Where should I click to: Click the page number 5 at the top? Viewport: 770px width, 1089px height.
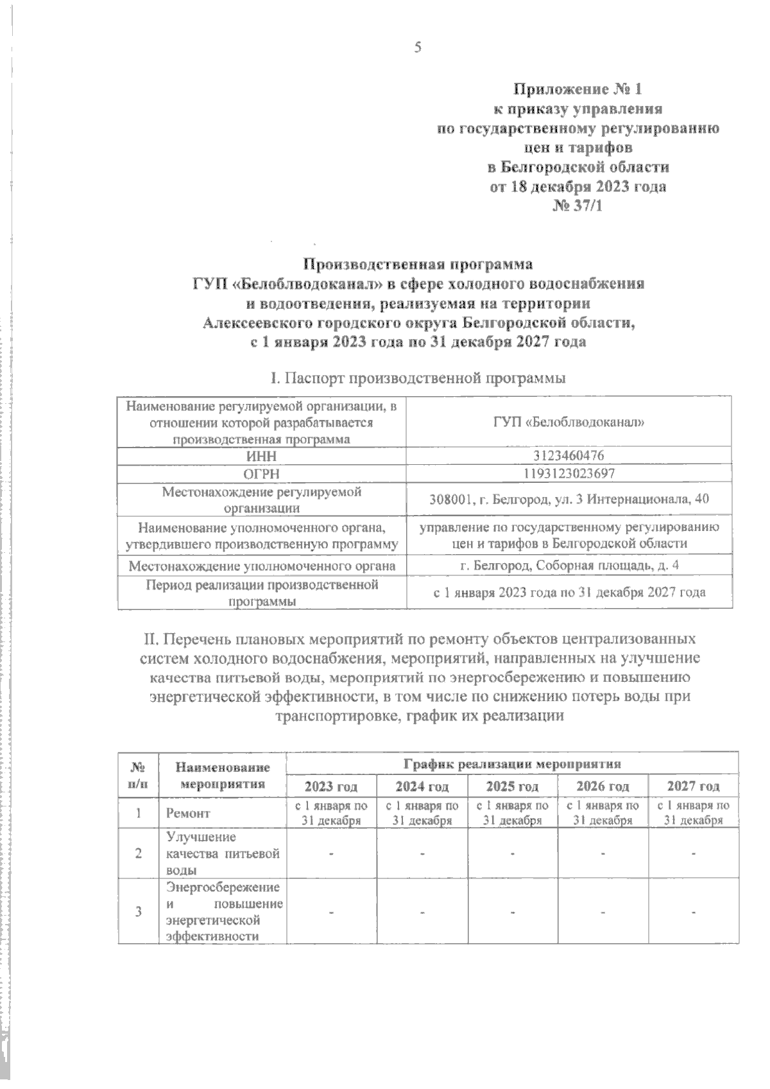418,48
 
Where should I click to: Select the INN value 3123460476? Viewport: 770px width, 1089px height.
569,455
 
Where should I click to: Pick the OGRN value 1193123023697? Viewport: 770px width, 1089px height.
569,473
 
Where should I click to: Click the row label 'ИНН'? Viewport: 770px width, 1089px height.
261,455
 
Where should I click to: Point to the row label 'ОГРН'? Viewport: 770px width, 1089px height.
261,473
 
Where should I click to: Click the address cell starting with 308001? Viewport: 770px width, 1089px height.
569,500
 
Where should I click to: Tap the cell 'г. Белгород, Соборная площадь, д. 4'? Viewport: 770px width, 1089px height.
569,566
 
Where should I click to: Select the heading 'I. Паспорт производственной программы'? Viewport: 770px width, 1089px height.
418,378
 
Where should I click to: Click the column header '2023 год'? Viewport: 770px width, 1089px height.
331,786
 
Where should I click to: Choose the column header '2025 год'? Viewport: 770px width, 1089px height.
512,786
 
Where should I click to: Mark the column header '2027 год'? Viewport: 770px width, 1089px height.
693,786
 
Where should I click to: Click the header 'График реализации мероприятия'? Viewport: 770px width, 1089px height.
512,764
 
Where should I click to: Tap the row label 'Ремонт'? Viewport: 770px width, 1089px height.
188,813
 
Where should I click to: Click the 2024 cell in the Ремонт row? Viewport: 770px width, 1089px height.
422,812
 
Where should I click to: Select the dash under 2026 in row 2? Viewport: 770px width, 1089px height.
603,854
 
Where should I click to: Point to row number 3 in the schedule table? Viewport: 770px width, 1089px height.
139,911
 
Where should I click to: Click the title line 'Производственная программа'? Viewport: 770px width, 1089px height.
418,264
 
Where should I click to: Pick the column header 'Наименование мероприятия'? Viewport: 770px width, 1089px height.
223,775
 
